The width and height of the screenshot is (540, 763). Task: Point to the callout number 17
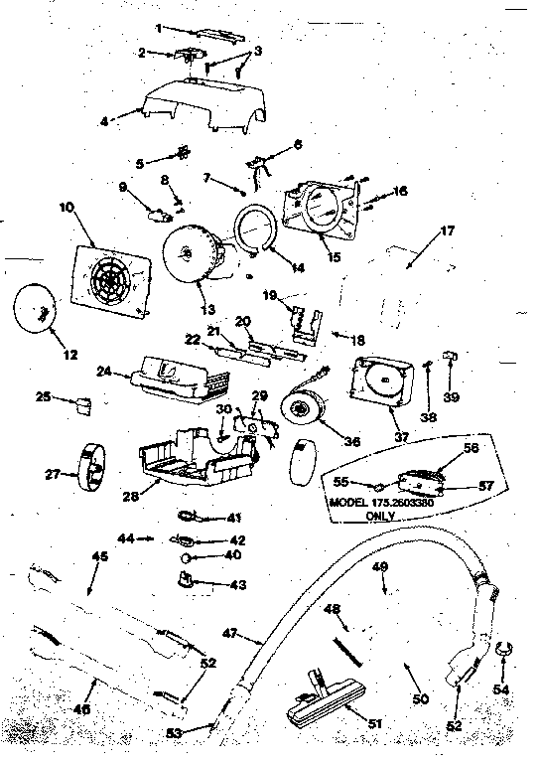click(448, 230)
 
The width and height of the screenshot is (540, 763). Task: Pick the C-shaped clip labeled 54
click(502, 653)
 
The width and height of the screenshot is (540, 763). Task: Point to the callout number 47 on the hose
click(231, 632)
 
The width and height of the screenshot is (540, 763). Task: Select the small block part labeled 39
click(449, 355)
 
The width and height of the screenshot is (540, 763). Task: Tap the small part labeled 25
click(82, 403)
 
